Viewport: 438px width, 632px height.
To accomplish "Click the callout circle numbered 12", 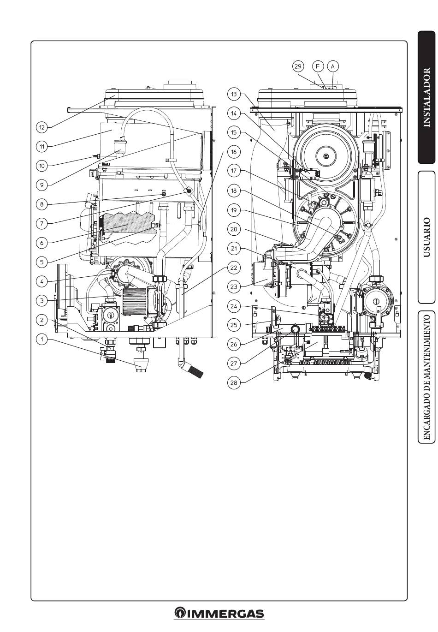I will click(42, 127).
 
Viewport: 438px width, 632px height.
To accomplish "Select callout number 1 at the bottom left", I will click(42, 340).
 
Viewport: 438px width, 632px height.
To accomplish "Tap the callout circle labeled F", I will click(318, 66).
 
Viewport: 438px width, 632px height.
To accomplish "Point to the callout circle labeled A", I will click(332, 66).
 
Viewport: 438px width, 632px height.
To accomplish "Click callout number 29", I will click(298, 66).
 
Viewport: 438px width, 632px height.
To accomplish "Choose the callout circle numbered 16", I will click(234, 152).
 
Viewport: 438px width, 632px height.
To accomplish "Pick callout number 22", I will click(234, 268).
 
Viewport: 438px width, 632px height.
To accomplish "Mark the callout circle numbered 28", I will click(234, 382).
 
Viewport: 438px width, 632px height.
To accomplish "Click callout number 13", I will click(234, 95).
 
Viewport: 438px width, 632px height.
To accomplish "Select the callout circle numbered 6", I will click(42, 243).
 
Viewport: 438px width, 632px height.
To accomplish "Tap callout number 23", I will click(234, 286).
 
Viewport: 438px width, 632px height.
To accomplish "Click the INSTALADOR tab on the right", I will click(426, 97).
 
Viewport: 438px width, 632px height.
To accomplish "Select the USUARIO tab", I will click(426, 238).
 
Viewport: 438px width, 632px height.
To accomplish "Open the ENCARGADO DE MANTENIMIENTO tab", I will click(426, 377).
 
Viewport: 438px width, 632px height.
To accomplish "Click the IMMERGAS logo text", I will click(219, 614).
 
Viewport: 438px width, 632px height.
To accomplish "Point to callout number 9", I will click(42, 185).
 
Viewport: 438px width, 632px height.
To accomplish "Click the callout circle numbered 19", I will click(234, 210).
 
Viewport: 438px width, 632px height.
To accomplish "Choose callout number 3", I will click(42, 301).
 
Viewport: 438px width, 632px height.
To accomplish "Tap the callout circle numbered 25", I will click(234, 325).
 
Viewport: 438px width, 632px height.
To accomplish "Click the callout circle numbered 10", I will click(42, 166).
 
